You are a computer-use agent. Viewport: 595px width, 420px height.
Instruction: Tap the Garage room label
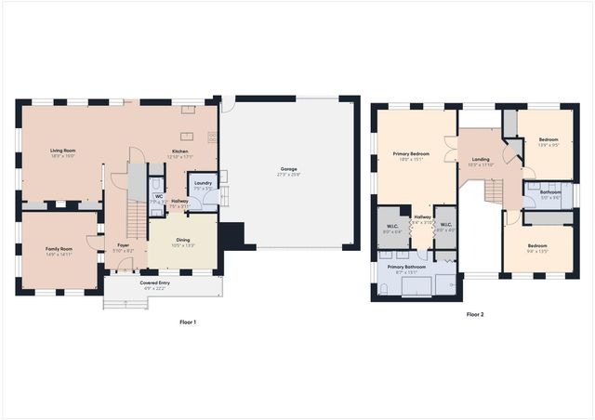289,169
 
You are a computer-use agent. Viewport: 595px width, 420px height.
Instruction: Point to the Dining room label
183,240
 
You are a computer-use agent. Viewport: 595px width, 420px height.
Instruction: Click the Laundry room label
205,184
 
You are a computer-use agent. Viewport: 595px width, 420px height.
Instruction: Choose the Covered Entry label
155,282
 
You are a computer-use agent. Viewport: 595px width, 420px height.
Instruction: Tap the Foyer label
123,245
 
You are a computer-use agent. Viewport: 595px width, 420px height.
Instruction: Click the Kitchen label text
178,151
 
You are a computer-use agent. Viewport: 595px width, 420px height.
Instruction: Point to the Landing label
480,159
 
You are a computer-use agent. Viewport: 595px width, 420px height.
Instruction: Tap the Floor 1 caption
188,322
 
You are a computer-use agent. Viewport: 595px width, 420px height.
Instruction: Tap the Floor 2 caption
475,314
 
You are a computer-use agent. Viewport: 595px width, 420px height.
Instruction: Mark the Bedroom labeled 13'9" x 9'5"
549,139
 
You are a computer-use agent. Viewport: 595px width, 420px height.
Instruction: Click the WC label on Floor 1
159,196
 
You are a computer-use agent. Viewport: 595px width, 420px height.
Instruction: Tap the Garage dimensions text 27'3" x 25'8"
289,175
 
